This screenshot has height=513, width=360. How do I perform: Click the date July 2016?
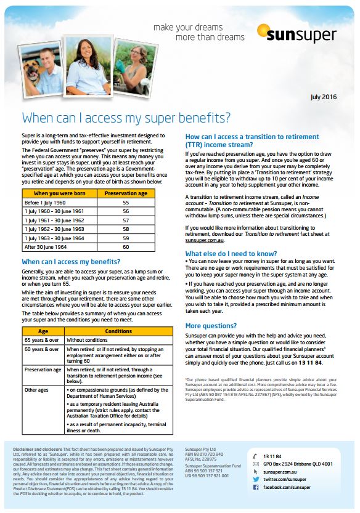click(x=323, y=97)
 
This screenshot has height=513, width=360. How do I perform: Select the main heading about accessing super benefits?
click(x=126, y=118)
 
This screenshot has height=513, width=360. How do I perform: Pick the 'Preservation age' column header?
click(x=125, y=193)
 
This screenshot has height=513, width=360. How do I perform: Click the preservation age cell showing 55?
click(x=125, y=203)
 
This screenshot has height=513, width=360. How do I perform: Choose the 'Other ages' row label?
click(x=37, y=390)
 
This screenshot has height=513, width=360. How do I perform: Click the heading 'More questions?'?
click(x=212, y=326)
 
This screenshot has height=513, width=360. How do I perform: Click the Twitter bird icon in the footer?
click(x=256, y=479)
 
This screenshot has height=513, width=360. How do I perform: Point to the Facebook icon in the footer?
click(x=256, y=487)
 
